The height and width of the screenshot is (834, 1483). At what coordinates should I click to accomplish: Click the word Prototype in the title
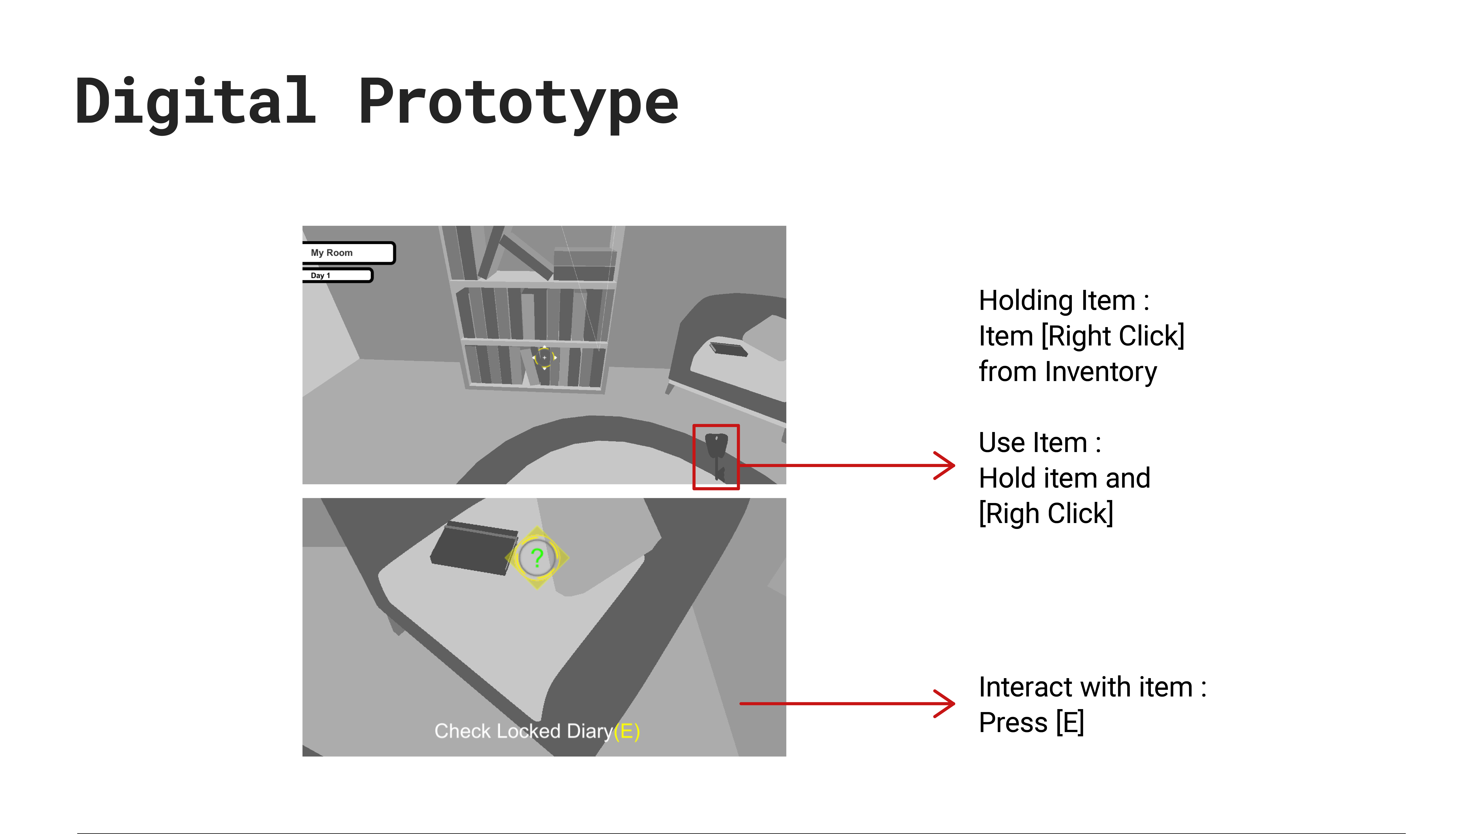pyautogui.click(x=518, y=104)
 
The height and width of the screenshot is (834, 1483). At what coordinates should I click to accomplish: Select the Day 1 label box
pyautogui.click(x=337, y=276)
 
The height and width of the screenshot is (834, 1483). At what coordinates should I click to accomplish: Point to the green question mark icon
pyautogui.click(x=536, y=557)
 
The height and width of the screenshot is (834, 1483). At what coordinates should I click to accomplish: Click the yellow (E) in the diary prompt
pyautogui.click(x=626, y=731)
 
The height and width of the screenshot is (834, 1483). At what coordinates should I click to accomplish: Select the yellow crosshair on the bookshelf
pyautogui.click(x=544, y=358)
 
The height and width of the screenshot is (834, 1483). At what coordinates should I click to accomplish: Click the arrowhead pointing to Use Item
pyautogui.click(x=944, y=465)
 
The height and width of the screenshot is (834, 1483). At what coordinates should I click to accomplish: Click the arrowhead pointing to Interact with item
pyautogui.click(x=944, y=703)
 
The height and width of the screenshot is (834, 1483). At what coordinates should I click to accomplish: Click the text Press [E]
pyautogui.click(x=1031, y=722)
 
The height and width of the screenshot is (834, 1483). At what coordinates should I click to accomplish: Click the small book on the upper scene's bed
pyautogui.click(x=728, y=349)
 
